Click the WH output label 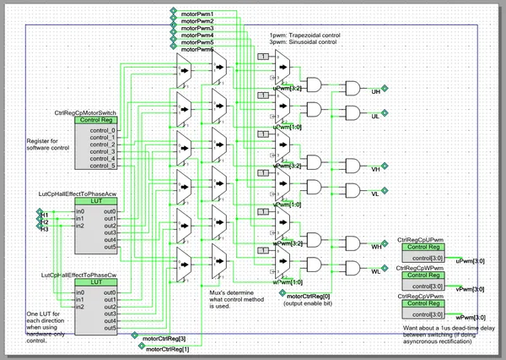pyautogui.click(x=377, y=246)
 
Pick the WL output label pyautogui.click(x=376, y=271)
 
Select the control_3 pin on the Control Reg pyautogui.click(x=101, y=151)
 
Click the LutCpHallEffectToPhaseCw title pyautogui.click(x=76, y=275)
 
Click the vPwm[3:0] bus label pyautogui.click(x=470, y=289)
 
